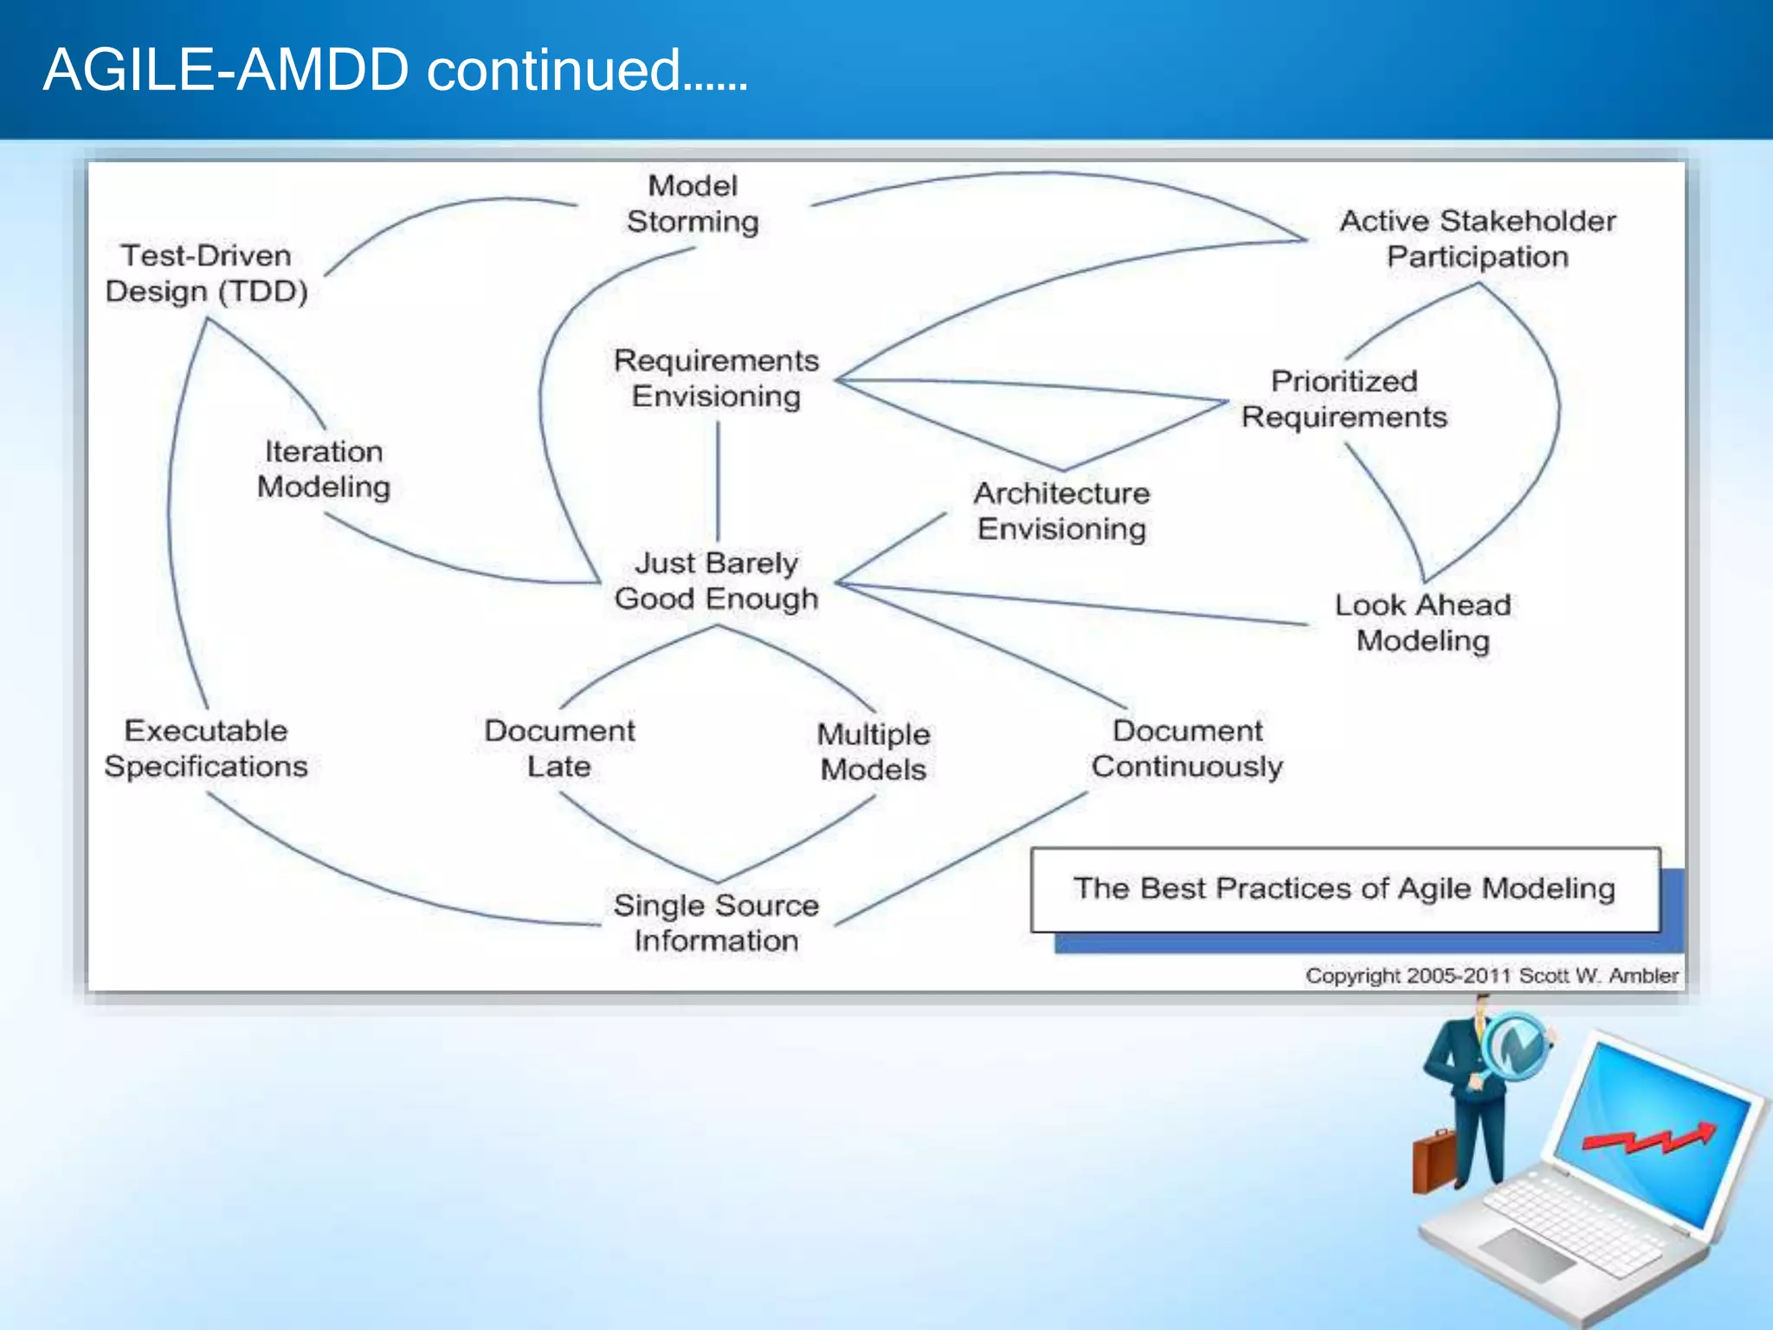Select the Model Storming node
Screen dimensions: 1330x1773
point(693,203)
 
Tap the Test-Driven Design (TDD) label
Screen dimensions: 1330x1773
point(206,274)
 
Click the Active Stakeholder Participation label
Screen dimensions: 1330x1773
point(1477,239)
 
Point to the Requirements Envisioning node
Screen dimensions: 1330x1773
point(716,378)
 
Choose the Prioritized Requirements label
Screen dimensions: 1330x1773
point(1344,399)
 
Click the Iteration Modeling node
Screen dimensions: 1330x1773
point(324,469)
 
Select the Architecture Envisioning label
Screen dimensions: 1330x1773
point(1061,511)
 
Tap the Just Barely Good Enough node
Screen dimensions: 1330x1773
point(716,581)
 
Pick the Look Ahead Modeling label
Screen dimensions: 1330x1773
point(1422,623)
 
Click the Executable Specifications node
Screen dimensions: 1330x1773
point(206,748)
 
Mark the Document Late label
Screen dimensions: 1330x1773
point(559,748)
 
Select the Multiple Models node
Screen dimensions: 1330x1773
point(874,752)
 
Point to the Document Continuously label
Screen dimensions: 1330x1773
point(1187,748)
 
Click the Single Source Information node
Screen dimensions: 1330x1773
point(716,923)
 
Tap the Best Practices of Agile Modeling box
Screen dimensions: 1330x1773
point(1344,889)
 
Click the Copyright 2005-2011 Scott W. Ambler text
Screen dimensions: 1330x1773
point(1492,976)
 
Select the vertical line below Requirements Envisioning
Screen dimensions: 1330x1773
point(718,481)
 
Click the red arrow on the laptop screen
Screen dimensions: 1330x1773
point(1649,1139)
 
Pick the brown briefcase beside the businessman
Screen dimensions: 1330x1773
point(1434,1160)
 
